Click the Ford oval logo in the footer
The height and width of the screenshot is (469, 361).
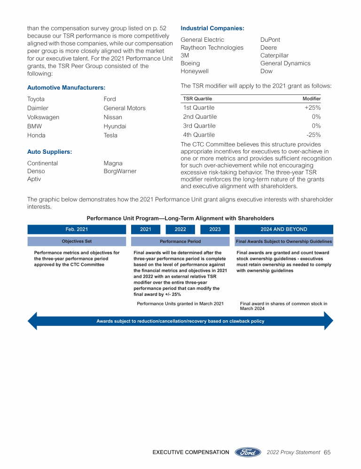pos(248,452)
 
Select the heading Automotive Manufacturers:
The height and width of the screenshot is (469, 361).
pos(66,88)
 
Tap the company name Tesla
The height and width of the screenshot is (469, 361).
pos(110,136)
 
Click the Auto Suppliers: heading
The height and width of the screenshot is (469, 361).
pos(49,152)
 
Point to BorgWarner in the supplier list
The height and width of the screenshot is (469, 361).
pos(120,171)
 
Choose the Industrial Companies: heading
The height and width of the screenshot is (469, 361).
pos(212,28)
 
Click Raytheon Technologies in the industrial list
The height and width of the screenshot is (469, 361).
pos(212,48)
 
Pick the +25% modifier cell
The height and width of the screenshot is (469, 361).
pos(313,108)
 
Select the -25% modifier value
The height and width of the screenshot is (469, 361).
pos(314,135)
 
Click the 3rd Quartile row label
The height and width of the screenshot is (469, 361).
pos(199,126)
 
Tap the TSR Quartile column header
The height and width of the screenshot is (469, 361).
pos(197,98)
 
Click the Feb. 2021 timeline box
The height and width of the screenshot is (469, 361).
pos(77,229)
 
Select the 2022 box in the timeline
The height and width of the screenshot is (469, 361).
pos(180,229)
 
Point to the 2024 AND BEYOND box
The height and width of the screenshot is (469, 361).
pos(283,229)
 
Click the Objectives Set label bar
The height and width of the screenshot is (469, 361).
pos(77,242)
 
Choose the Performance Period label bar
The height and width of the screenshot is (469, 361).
pos(180,242)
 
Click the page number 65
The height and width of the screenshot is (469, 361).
pos(327,453)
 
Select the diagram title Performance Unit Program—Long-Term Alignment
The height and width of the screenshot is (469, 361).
pos(180,218)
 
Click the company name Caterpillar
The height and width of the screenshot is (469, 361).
pos(275,56)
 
